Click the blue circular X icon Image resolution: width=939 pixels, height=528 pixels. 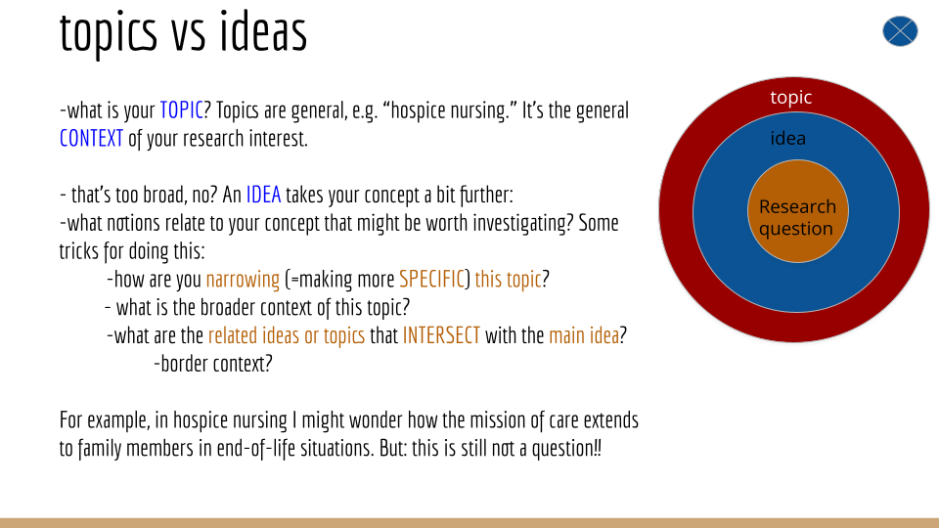(900, 31)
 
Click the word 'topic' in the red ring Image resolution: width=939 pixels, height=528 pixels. (790, 97)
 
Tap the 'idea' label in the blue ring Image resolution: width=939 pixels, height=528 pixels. (787, 138)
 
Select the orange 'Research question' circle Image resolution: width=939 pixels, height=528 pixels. (798, 211)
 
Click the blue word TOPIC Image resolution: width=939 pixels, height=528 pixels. (182, 110)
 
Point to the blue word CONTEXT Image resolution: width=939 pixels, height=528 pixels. (91, 138)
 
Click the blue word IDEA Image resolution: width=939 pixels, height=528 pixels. (263, 195)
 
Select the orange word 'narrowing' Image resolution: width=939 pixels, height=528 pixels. (243, 279)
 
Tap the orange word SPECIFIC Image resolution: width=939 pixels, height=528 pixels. (431, 279)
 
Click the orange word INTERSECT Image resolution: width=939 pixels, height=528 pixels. (441, 335)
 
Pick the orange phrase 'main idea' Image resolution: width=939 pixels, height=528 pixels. (584, 335)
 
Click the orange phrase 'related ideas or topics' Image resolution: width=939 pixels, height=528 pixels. (287, 335)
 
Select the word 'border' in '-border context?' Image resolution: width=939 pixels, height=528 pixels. (183, 364)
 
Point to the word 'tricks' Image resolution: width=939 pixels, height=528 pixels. (78, 251)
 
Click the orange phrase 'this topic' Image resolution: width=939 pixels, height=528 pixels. (508, 279)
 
